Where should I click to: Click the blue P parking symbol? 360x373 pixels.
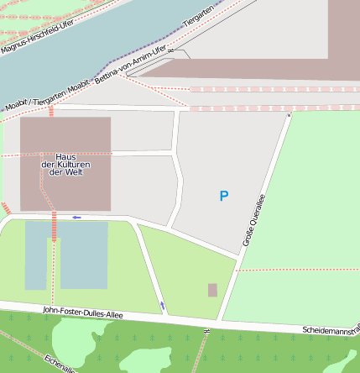tap(223, 197)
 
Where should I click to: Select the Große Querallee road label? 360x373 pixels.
tap(253, 220)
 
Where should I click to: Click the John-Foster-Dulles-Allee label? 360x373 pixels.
tap(82, 313)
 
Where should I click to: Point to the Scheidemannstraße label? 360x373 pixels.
tap(331, 328)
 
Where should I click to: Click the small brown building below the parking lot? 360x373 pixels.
tap(212, 290)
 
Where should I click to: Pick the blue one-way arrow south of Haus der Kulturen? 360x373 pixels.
tap(76, 218)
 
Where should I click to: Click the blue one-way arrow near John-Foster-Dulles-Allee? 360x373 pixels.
tap(162, 305)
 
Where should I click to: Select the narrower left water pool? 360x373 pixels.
tap(36, 256)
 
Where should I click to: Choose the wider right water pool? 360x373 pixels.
tap(84, 256)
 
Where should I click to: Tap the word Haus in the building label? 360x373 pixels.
tap(66, 157)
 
